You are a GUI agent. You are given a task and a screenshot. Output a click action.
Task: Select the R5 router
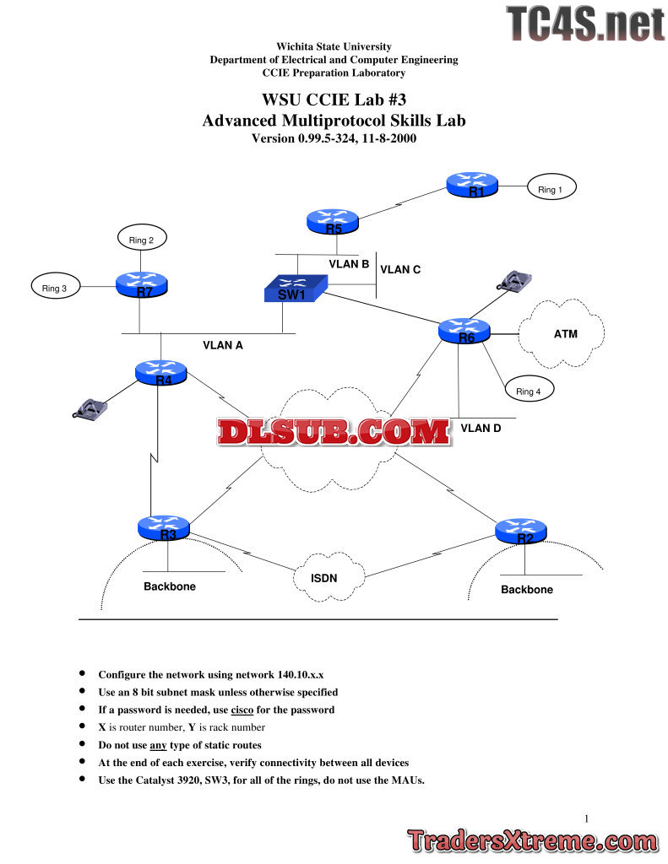pyautogui.click(x=332, y=222)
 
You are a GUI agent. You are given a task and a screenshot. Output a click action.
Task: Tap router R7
pyautogui.click(x=142, y=284)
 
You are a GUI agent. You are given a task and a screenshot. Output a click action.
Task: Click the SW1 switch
pyautogui.click(x=291, y=290)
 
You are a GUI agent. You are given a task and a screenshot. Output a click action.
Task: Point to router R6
pyautogui.click(x=464, y=332)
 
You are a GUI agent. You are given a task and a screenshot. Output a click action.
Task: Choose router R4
pyautogui.click(x=160, y=373)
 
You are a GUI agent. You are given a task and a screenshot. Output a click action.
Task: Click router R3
pyautogui.click(x=164, y=528)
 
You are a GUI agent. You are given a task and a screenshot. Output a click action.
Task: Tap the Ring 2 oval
pyautogui.click(x=141, y=240)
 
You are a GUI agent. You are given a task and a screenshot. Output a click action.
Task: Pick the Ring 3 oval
pyautogui.click(x=55, y=288)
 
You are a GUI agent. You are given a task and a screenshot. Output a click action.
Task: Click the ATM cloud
pyautogui.click(x=563, y=334)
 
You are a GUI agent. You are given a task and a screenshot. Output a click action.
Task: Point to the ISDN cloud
pyautogui.click(x=330, y=580)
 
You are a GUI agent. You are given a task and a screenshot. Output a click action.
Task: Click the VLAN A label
pyautogui.click(x=223, y=344)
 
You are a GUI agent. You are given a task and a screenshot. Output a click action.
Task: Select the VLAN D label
pyautogui.click(x=481, y=428)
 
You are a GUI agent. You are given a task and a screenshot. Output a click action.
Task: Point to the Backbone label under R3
pyautogui.click(x=169, y=586)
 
